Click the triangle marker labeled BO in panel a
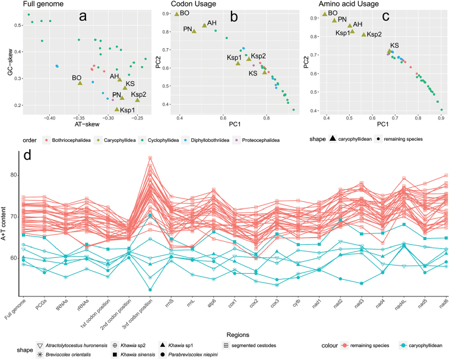80,83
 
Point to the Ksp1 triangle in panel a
116,109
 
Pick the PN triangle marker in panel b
194,31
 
